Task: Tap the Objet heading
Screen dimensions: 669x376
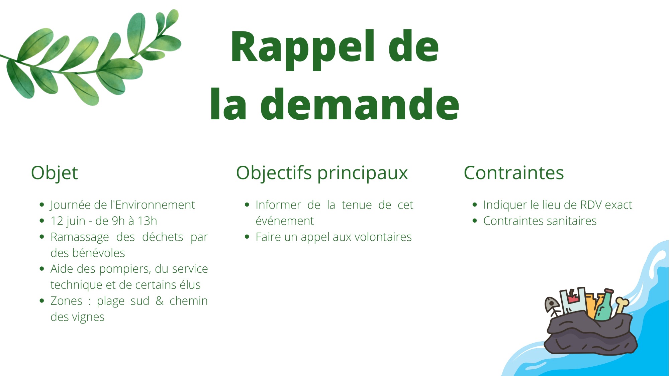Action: [54, 173]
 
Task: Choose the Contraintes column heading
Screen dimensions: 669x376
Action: [514, 173]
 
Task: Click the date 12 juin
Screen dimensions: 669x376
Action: [68, 221]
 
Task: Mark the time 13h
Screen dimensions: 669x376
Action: [148, 221]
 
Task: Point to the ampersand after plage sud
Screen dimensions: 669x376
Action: [160, 301]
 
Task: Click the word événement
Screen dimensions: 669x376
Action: [285, 221]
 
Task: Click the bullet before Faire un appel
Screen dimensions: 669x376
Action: [247, 237]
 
